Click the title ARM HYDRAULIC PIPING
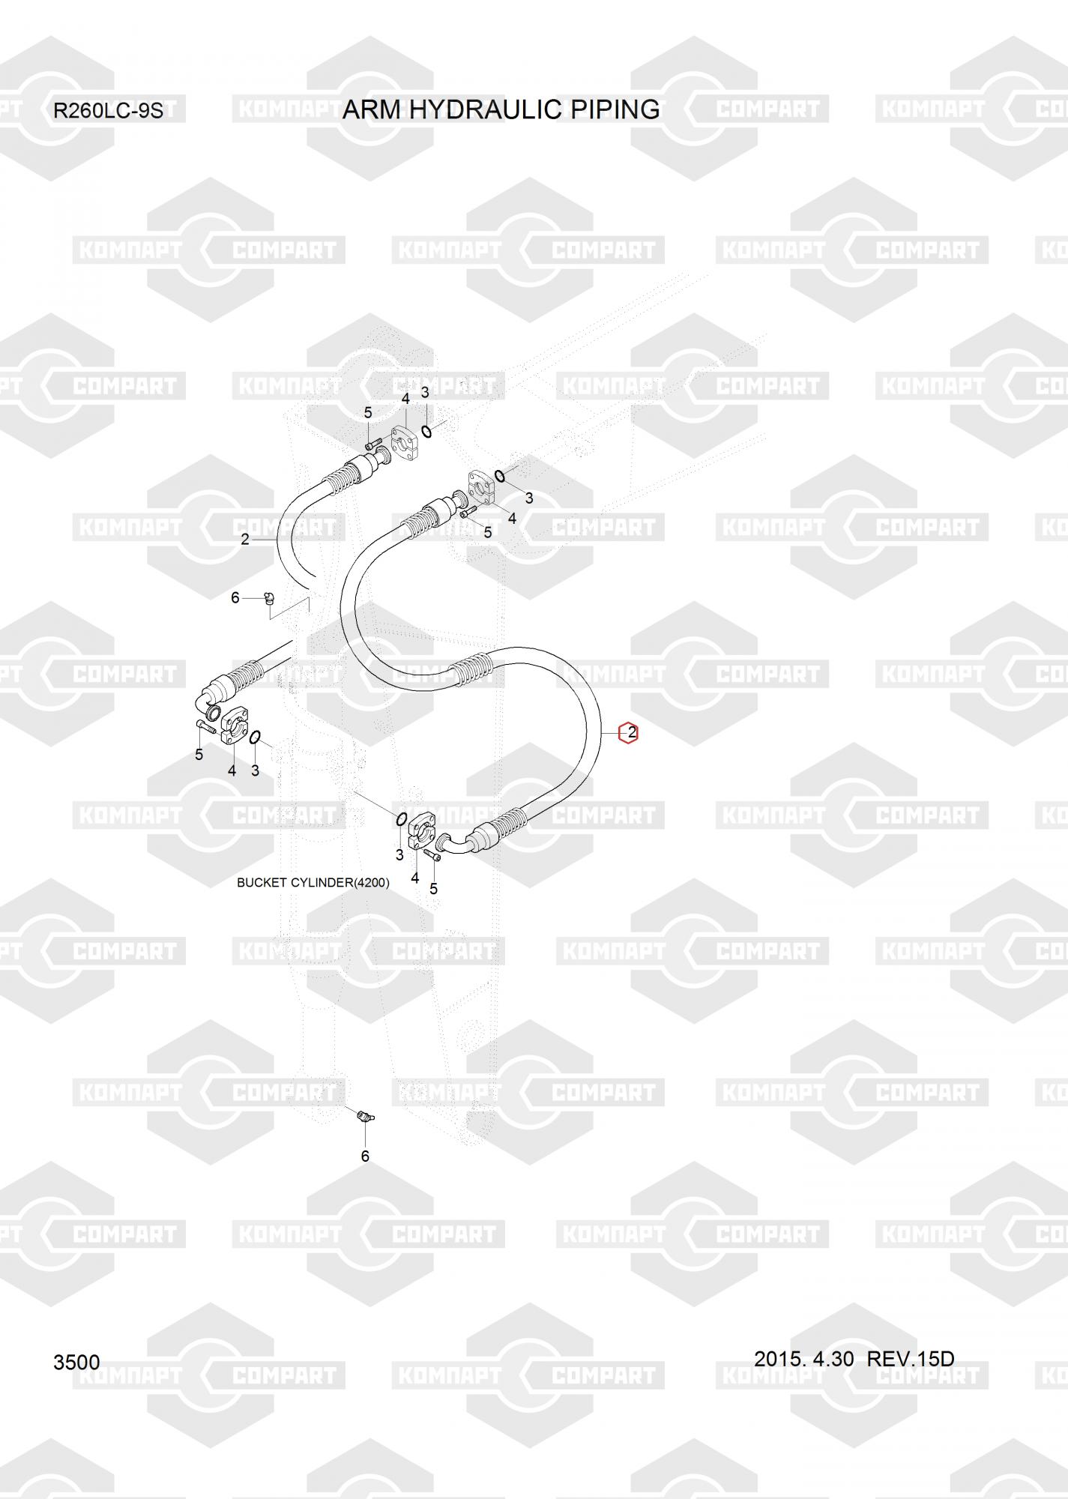pos(501,109)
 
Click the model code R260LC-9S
pos(107,112)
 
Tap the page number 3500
pos(76,1362)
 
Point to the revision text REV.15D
pos(911,1358)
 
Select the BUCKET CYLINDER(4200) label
pos(313,883)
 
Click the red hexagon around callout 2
pos(628,733)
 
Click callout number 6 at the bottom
pos(365,1156)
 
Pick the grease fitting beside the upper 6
pos(270,598)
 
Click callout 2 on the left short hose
pos(245,539)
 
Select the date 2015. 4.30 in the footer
pos(803,1358)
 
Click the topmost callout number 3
pos(425,393)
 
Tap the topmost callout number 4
pos(405,399)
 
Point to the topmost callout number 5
pos(368,412)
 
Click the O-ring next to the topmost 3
pos(426,431)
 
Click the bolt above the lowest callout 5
pos(431,854)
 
